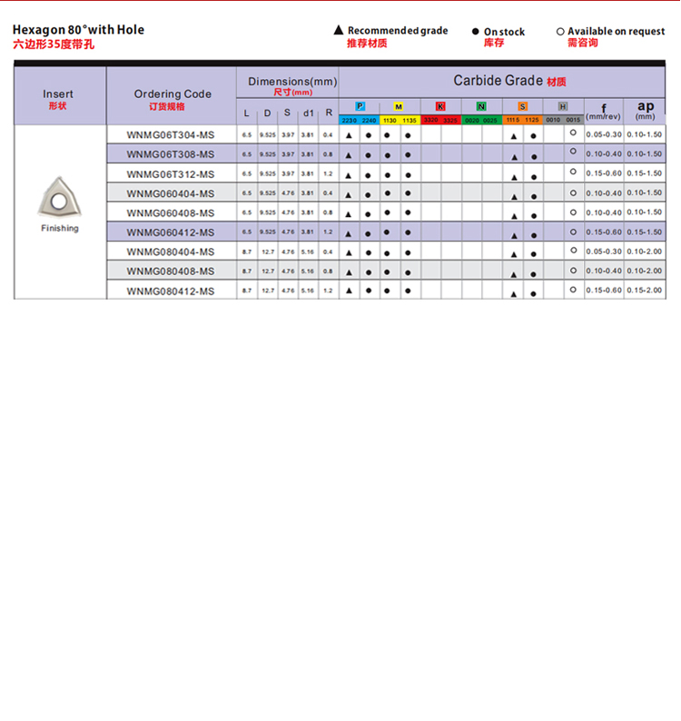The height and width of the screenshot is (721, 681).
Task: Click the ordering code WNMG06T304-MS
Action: tap(171, 134)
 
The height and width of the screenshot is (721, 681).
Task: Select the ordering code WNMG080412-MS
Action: tap(171, 291)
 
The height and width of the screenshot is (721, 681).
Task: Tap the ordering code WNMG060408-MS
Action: tap(171, 212)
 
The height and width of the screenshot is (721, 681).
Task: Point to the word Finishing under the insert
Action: tap(60, 228)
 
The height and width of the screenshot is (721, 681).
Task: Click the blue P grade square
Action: tap(360, 106)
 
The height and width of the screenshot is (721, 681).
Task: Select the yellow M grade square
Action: tap(399, 106)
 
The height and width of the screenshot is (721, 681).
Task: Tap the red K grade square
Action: tap(440, 106)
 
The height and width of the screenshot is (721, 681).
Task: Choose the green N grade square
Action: tap(481, 106)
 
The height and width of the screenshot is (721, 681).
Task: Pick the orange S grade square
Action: tap(522, 106)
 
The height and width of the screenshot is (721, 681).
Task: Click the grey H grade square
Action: tap(563, 106)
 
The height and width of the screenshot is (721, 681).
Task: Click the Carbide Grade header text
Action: tap(498, 81)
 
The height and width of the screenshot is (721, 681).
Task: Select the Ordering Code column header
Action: tap(173, 94)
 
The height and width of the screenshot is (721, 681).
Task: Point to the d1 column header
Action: tap(308, 114)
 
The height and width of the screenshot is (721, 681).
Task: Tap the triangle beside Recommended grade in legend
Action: tap(339, 31)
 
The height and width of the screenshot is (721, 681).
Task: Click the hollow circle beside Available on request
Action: tap(560, 32)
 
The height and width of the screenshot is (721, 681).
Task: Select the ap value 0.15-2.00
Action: tap(645, 291)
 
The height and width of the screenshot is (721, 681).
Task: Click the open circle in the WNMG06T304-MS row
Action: tap(573, 133)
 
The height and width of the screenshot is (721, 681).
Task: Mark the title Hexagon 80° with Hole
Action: tap(78, 30)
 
